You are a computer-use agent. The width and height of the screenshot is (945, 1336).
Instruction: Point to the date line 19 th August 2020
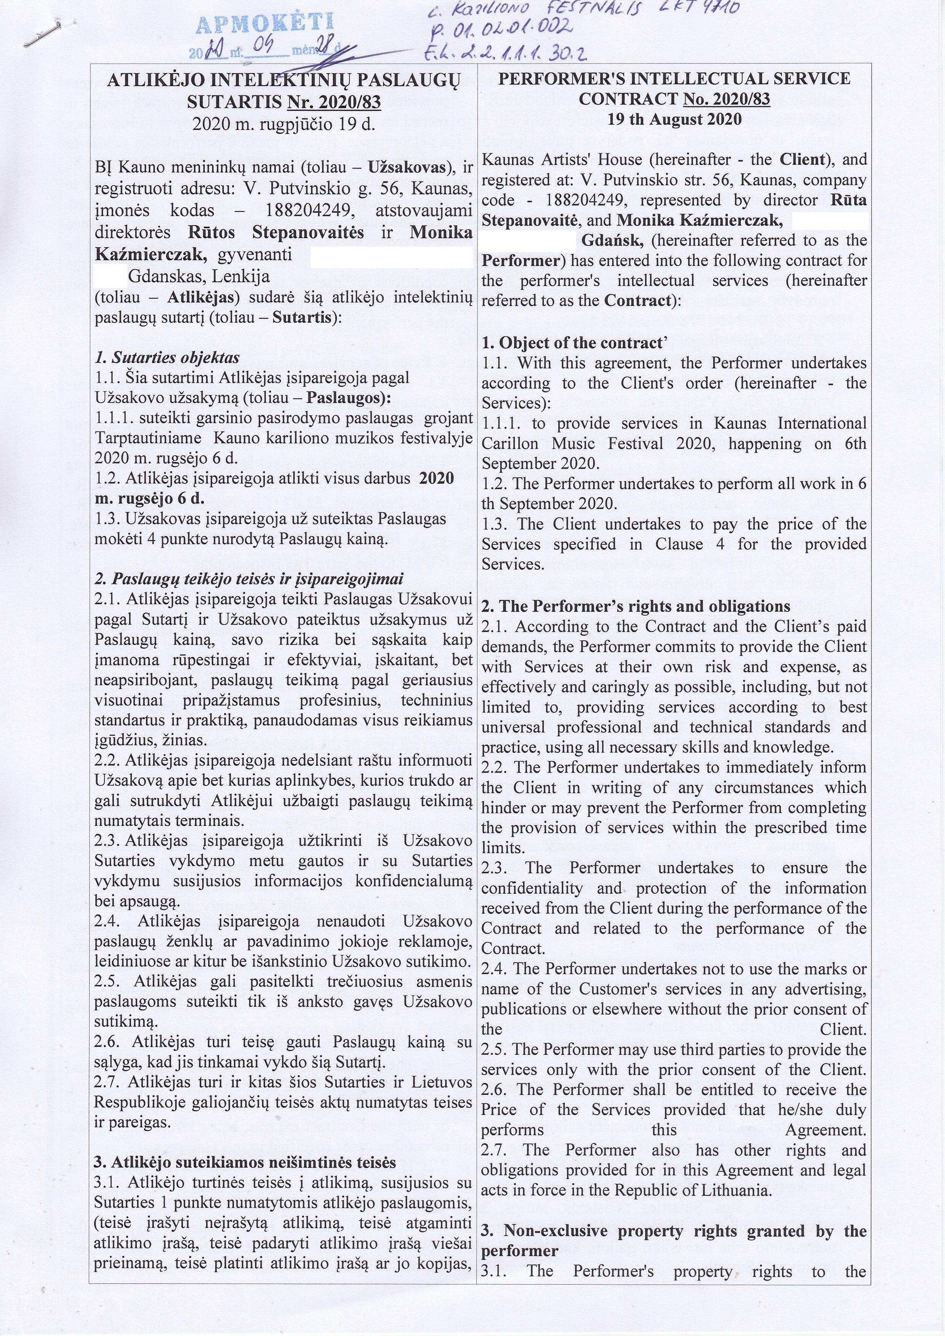674,119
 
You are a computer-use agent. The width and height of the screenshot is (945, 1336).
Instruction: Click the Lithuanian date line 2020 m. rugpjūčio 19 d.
283,124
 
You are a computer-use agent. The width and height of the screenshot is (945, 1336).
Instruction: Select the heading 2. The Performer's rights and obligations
636,606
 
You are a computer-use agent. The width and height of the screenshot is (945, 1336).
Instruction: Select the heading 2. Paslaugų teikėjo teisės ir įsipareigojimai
248,579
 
